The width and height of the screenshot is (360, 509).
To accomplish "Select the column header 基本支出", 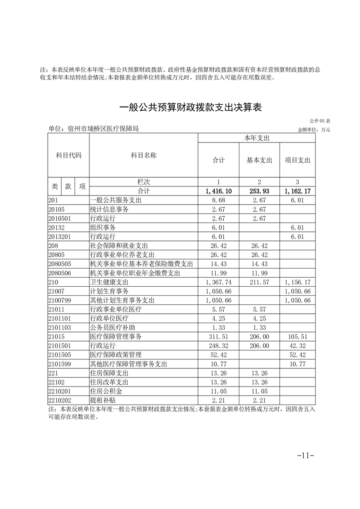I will (259, 160).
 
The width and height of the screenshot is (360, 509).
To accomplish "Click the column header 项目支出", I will (297, 160).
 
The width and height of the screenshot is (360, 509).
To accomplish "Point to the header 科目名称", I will (143, 156).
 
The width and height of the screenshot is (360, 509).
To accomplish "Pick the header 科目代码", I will (69, 156).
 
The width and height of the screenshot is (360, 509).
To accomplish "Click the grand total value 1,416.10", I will (218, 191).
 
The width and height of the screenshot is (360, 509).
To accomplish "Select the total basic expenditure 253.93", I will (259, 191).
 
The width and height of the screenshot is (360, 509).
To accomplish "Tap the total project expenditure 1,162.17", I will (297, 191).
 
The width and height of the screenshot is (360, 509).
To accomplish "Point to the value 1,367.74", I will (218, 281).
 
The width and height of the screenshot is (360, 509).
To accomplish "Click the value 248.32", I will (219, 345).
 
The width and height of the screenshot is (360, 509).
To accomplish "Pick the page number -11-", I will (305, 455).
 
